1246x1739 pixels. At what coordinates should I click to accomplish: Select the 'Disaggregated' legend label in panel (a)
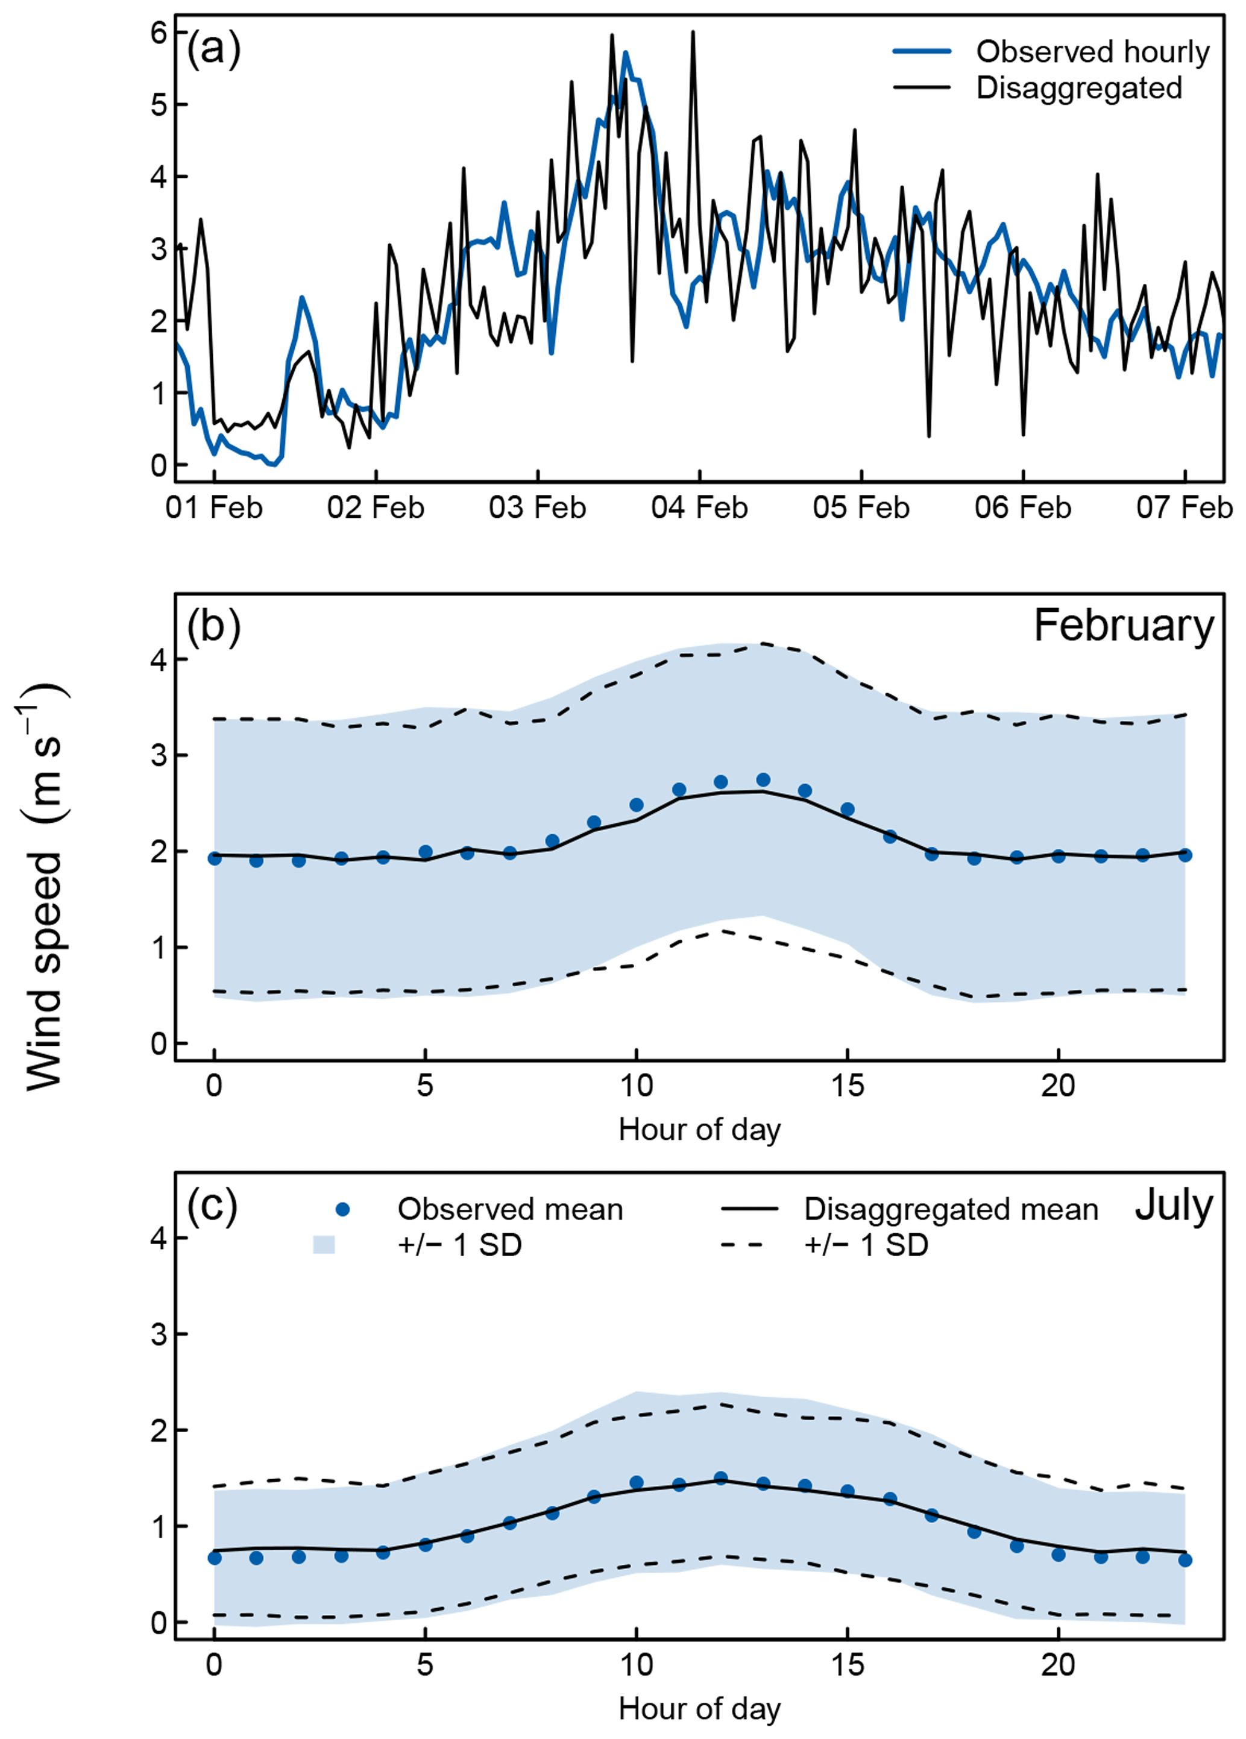point(1079,88)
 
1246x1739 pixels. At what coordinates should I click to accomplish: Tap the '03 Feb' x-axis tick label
point(538,508)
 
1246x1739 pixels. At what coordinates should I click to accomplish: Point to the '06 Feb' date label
point(1023,508)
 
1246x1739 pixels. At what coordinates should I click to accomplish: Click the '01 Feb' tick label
point(214,508)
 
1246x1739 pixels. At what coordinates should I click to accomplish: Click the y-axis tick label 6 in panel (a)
point(159,33)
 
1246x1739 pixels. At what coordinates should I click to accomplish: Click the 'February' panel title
point(1123,626)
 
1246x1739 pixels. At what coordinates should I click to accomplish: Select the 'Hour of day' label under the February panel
point(699,1130)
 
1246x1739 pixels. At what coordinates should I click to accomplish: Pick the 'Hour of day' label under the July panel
point(699,1708)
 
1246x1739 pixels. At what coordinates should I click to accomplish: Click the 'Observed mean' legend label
point(510,1210)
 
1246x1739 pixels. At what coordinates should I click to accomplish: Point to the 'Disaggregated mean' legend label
point(951,1210)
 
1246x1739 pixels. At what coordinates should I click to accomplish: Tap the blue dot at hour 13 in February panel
point(763,780)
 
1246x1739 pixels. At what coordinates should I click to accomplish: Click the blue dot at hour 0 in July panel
point(215,1558)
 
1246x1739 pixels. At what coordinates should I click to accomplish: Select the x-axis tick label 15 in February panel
point(848,1086)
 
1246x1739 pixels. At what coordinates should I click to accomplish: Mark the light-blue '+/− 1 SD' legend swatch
point(324,1245)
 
